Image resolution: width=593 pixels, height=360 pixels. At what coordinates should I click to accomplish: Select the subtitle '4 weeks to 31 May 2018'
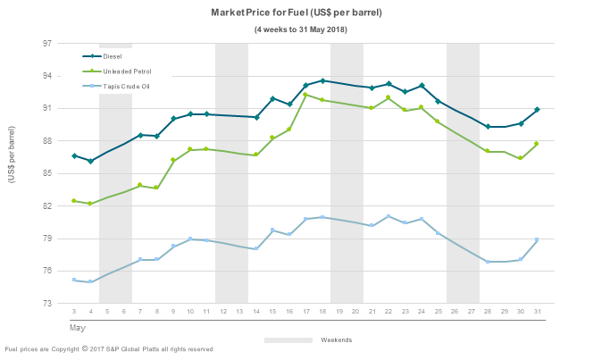coord(300,30)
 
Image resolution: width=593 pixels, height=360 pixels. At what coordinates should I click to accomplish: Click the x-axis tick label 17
coord(305,312)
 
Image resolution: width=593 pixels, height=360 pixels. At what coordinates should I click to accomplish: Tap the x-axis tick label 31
coord(537,312)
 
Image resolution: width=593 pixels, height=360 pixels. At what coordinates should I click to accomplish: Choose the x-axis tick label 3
coord(74,312)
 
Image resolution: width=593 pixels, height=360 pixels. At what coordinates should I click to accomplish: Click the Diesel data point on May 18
coord(322,81)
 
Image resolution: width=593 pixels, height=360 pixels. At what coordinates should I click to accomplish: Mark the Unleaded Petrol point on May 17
coord(305,95)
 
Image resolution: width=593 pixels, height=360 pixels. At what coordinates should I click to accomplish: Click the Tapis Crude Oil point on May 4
coord(90,282)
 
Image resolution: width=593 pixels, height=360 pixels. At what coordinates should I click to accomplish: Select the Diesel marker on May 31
coord(537,110)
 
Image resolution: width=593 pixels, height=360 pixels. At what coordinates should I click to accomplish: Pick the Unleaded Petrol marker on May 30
coord(521,158)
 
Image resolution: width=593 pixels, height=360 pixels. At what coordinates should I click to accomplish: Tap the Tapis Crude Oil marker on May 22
coord(388,216)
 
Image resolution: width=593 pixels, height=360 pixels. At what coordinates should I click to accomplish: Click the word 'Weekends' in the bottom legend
coord(335,340)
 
